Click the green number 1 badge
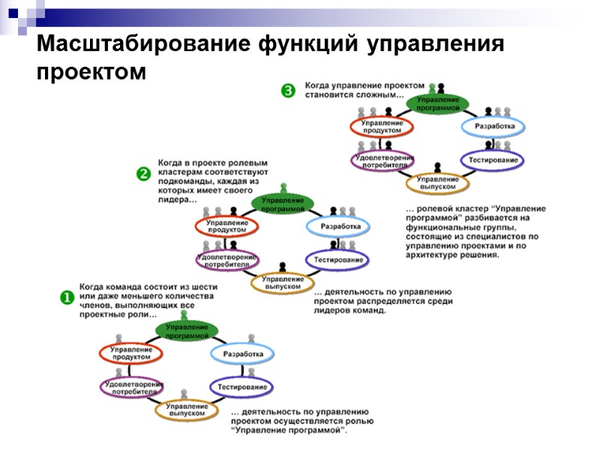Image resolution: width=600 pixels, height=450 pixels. tap(67, 297)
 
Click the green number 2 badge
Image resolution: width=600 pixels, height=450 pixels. tap(143, 173)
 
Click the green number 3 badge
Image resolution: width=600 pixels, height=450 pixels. tap(289, 91)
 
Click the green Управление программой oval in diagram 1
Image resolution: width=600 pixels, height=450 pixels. tap(187, 331)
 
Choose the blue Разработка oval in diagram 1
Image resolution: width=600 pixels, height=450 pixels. tap(243, 353)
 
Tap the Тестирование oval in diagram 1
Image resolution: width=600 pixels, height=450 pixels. tap(241, 387)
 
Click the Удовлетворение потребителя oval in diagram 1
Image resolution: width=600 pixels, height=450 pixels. tap(132, 387)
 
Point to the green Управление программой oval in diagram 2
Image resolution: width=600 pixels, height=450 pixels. tap(283, 204)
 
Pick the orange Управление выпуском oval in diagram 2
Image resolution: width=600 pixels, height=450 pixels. tap(282, 282)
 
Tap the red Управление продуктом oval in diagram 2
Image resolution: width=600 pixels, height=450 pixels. tap(226, 226)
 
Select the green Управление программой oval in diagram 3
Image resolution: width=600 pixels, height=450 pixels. tap(439, 103)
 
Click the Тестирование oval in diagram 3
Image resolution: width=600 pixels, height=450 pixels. tap(493, 160)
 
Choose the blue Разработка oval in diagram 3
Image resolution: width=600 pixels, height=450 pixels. tap(494, 126)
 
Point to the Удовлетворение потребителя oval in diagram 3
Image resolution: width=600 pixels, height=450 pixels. tap(383, 160)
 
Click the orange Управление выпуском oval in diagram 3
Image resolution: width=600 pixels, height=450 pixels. tap(438, 182)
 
